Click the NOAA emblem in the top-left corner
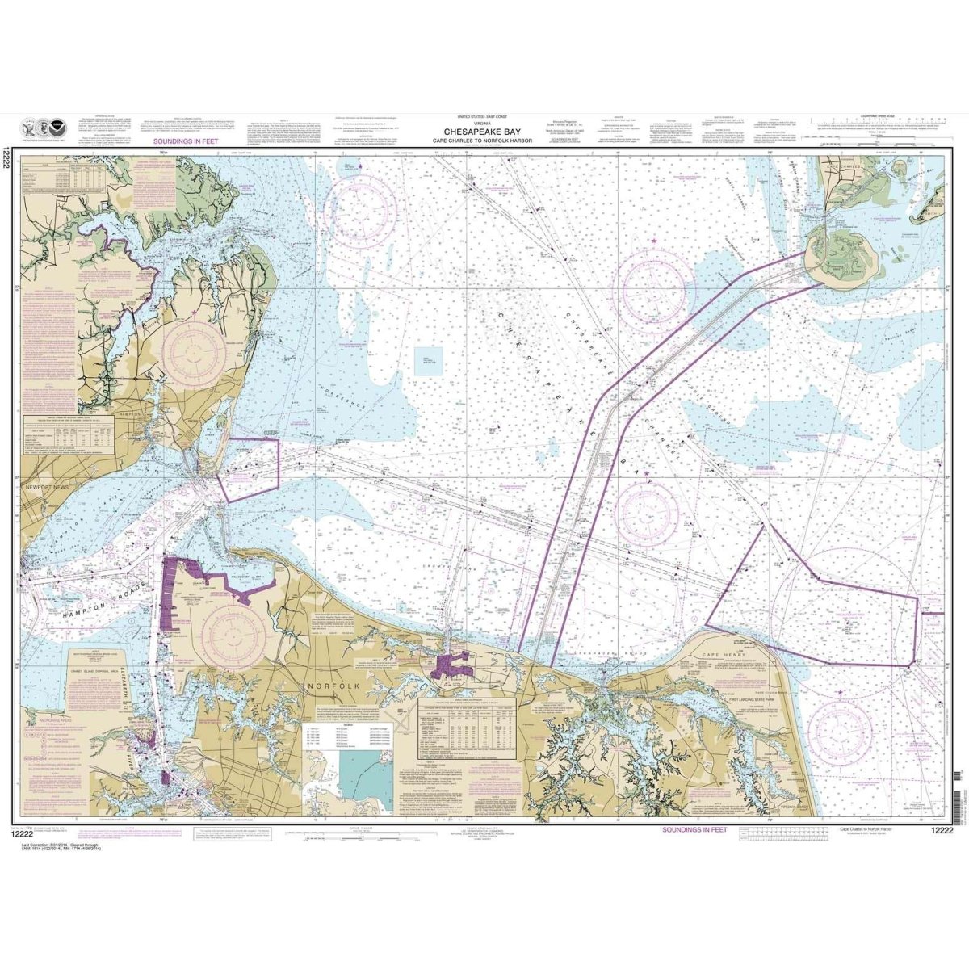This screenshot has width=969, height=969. point(48,128)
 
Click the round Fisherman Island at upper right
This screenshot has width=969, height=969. point(841,254)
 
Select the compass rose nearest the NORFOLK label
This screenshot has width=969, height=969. point(234,637)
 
